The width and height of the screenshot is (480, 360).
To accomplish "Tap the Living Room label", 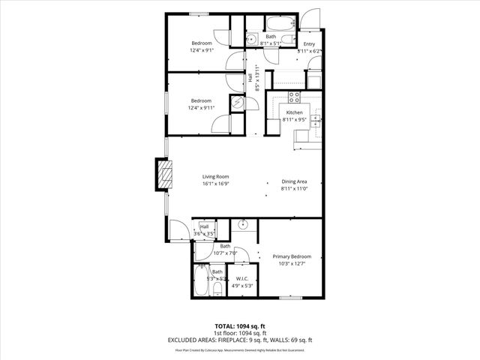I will (x=215, y=177).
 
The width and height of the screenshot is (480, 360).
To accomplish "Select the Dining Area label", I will (x=293, y=181).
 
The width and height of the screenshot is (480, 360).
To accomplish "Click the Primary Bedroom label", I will (x=292, y=256).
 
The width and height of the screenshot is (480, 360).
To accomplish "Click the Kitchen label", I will (x=293, y=112).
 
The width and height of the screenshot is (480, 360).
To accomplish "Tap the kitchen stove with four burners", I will (x=294, y=96).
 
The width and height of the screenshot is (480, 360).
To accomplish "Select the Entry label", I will (x=309, y=44).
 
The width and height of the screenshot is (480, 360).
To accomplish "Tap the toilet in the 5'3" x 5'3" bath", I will (x=217, y=289).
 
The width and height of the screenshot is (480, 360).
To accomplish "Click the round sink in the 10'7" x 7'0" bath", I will (x=244, y=225).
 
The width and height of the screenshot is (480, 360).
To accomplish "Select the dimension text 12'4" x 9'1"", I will (x=202, y=50).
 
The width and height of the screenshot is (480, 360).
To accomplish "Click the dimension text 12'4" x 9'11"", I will (x=202, y=108).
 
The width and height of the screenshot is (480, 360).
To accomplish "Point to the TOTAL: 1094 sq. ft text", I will (x=240, y=326).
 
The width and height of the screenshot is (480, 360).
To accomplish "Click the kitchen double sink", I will (x=318, y=117).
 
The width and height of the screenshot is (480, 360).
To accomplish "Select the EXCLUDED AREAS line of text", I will (x=240, y=340).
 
